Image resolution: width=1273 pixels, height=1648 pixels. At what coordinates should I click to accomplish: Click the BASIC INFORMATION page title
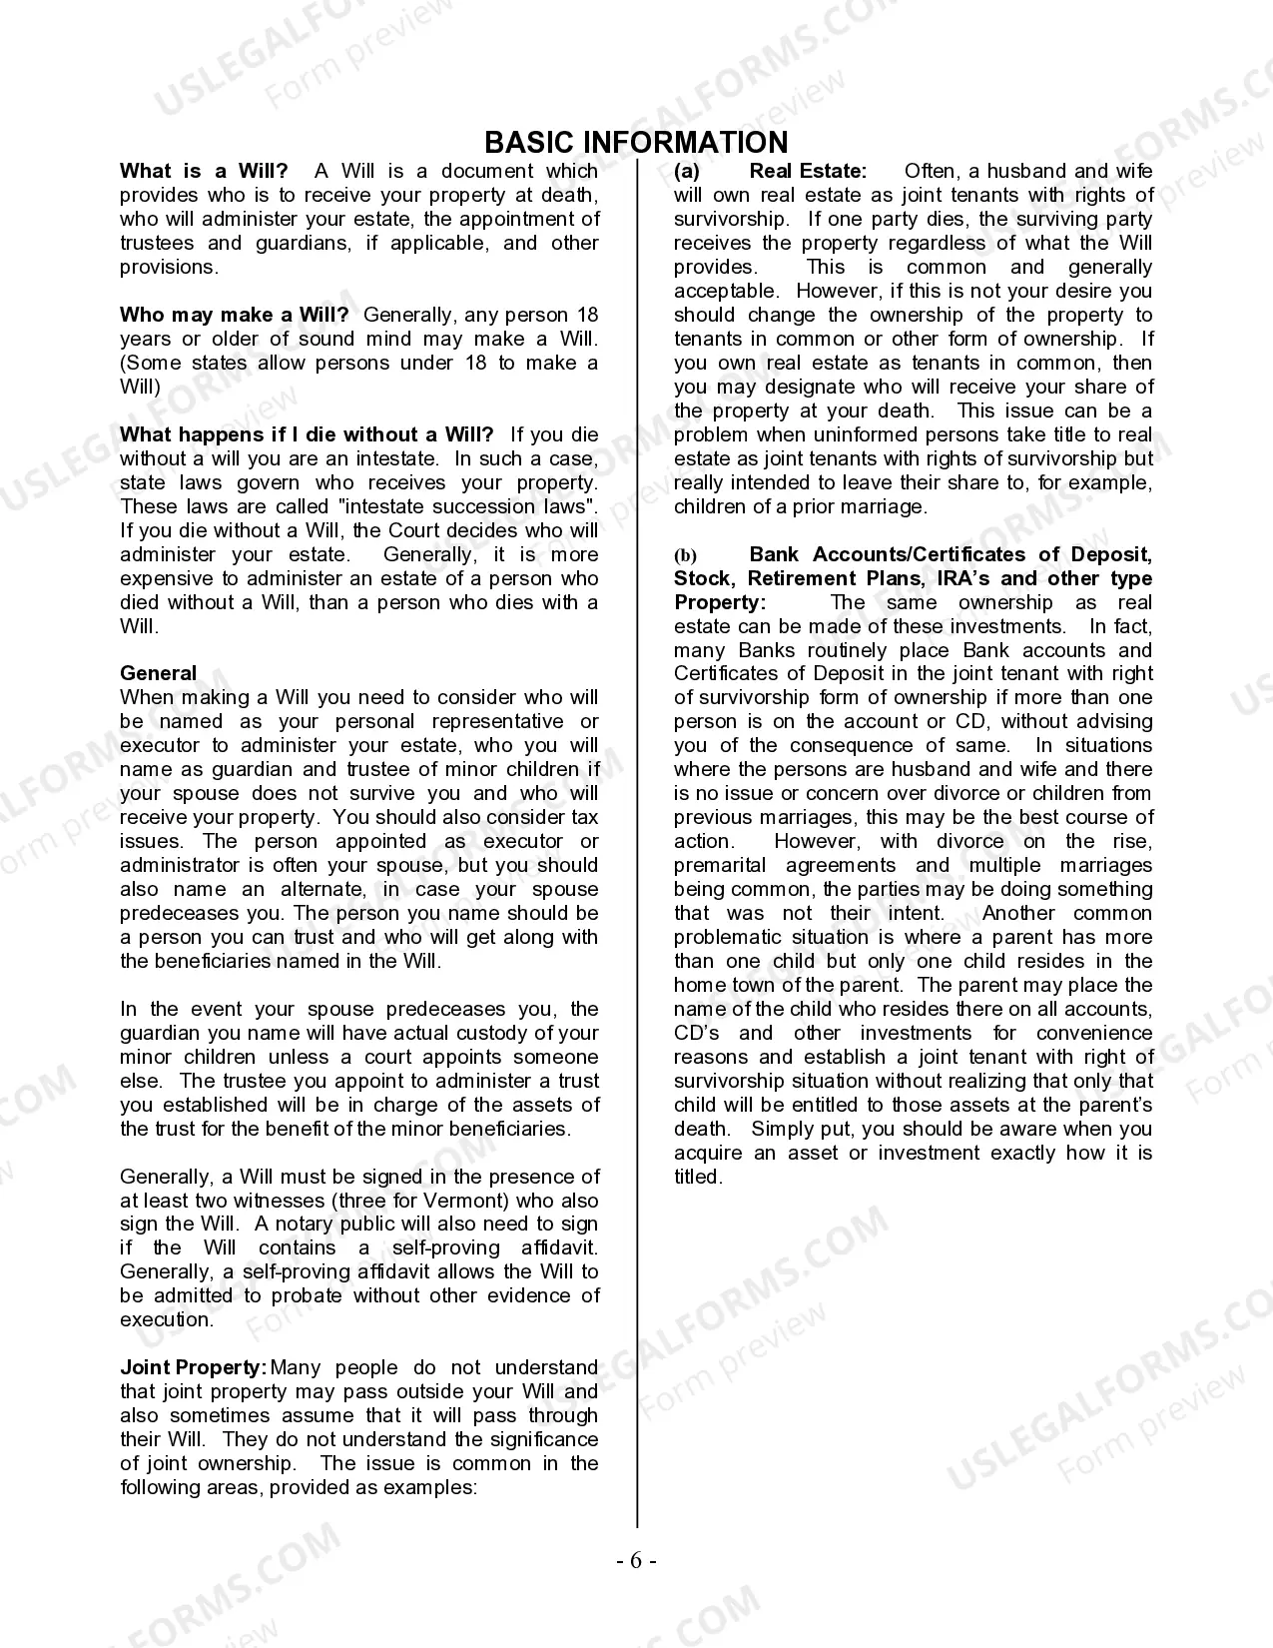click(x=636, y=142)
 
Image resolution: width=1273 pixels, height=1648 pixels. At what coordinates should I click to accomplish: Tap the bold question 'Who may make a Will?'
click(x=234, y=315)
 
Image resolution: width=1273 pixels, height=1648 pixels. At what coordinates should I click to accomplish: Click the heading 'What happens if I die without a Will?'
click(x=307, y=434)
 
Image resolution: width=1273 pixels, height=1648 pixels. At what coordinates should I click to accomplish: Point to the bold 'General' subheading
click(x=158, y=673)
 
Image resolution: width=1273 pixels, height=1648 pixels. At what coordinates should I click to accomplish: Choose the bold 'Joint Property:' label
click(x=193, y=1367)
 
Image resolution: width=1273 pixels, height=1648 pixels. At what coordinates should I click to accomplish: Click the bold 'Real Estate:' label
click(x=808, y=171)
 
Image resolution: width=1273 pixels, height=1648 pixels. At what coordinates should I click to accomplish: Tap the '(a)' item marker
click(x=687, y=171)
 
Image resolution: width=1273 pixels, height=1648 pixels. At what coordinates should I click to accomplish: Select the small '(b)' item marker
click(x=685, y=555)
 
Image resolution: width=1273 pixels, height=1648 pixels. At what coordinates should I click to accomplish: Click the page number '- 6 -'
click(x=636, y=1561)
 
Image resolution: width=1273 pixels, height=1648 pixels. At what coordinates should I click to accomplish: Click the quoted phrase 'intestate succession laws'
click(x=473, y=506)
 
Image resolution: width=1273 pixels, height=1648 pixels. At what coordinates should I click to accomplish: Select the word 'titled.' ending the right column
click(x=698, y=1177)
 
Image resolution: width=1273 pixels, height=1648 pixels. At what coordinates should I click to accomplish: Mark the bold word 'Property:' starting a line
click(x=720, y=602)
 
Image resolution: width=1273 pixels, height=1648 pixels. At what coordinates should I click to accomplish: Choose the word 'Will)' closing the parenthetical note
click(x=140, y=387)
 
